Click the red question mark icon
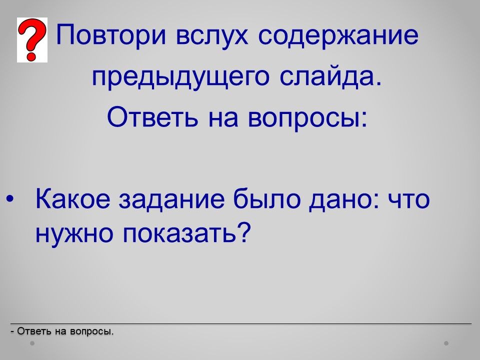(32, 40)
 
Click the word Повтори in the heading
(111, 35)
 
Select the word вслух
(212, 36)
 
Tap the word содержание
(338, 36)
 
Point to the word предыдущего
(181, 76)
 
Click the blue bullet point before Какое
(10, 198)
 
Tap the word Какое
(73, 198)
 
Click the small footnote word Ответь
(34, 331)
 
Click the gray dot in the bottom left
(32, 343)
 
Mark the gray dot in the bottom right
(446, 343)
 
